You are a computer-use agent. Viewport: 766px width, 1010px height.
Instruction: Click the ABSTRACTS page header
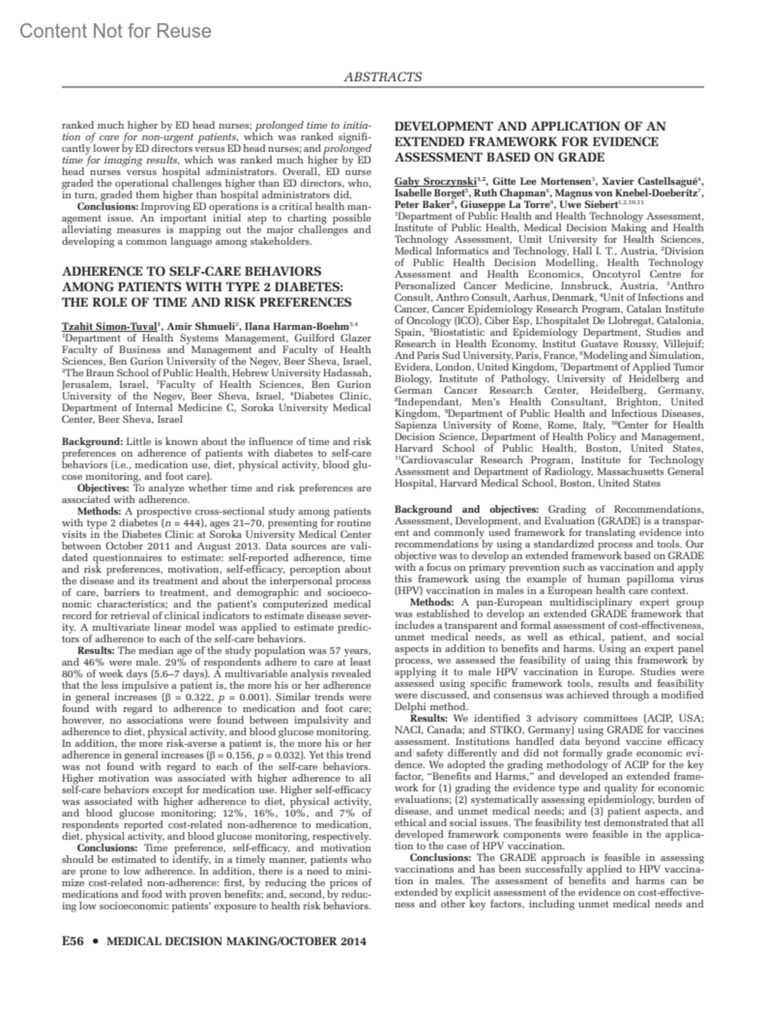click(383, 77)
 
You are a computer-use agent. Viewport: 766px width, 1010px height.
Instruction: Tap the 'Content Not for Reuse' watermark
click(116, 31)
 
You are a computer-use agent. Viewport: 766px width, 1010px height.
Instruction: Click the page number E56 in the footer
click(73, 941)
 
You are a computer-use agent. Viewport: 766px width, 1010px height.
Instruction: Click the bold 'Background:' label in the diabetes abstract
click(92, 442)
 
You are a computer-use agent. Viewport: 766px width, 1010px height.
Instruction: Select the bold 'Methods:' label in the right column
click(431, 603)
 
